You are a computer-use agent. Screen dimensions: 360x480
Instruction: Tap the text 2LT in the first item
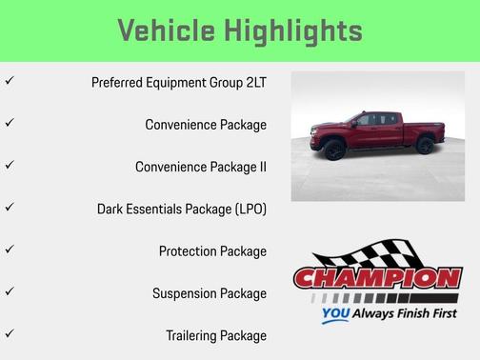(254, 83)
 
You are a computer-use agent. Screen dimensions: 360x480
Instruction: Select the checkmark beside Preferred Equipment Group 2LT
(10, 81)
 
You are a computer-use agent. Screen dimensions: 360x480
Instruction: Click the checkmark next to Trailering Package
(10, 334)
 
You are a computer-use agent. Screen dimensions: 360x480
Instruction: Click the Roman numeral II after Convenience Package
(262, 167)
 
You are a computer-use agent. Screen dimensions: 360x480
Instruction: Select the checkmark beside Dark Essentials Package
(10, 207)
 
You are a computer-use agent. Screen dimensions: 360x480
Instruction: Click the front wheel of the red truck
(335, 150)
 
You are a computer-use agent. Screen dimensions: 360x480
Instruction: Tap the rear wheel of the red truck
(425, 145)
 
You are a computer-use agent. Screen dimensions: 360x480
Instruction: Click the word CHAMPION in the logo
(377, 278)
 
